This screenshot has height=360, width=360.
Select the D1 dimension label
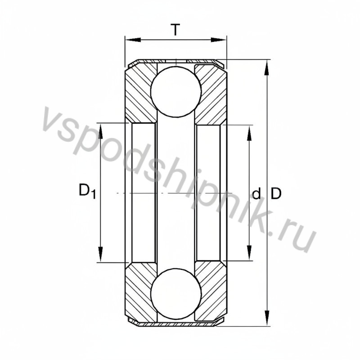click(87, 191)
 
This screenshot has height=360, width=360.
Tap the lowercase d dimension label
click(256, 194)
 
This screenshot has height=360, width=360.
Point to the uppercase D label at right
click(276, 193)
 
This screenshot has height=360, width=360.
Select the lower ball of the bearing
click(175, 297)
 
